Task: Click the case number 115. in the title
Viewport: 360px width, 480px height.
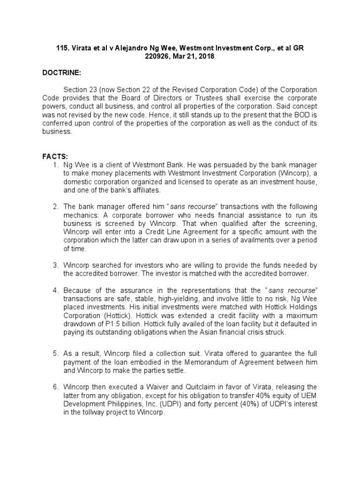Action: pos(63,48)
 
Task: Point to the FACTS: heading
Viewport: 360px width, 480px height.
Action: pos(55,157)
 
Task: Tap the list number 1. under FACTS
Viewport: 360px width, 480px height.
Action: pos(55,165)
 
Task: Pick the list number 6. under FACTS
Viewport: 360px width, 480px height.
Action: pos(55,386)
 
